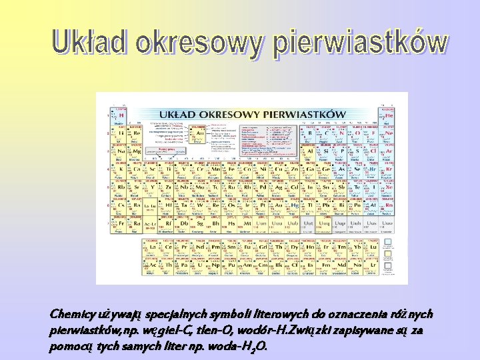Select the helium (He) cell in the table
389,115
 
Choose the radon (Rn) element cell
389,206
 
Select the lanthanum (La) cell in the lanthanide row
151,247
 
